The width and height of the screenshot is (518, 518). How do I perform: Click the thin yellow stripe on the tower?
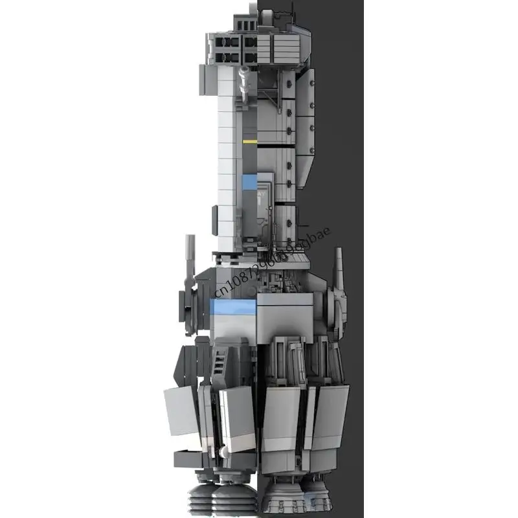pyautogui.click(x=250, y=141)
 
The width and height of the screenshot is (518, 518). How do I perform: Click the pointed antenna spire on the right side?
pyautogui.click(x=337, y=268)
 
